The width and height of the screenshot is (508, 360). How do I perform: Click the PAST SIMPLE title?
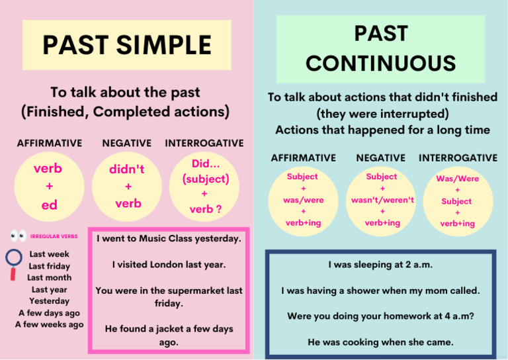point(127,45)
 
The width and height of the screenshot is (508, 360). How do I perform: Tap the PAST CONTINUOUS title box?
point(380,48)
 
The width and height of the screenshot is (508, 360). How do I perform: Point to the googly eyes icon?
point(18,236)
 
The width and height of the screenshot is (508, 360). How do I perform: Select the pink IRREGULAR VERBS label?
point(54,236)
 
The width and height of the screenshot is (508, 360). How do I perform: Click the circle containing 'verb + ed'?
point(48,187)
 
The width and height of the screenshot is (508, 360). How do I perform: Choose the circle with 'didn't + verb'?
point(128,187)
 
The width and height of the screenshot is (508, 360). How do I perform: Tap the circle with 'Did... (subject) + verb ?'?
point(205,187)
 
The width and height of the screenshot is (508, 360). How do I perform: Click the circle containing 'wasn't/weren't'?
point(382,200)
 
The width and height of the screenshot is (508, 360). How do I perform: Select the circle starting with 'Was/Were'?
point(457,201)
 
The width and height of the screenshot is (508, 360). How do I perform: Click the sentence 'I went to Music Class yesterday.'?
point(169,238)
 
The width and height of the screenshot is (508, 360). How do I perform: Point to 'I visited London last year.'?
point(169,264)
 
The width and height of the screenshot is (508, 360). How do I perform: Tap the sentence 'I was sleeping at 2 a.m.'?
point(380,265)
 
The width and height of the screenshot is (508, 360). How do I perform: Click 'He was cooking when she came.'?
point(380,342)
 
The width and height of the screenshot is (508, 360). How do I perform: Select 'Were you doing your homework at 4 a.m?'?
point(380,316)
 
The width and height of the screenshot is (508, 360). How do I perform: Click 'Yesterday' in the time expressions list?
point(50,301)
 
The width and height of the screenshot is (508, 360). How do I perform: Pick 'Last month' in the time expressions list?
point(50,278)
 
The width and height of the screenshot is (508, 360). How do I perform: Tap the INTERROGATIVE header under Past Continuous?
point(458,157)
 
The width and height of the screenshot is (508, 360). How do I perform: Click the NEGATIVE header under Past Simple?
point(127,143)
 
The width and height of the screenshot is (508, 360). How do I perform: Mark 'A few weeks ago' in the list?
point(50,325)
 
